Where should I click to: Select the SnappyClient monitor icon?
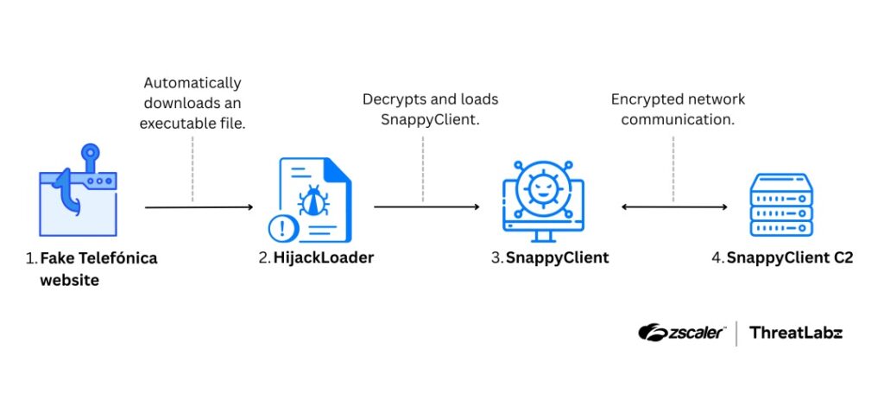pyautogui.click(x=543, y=200)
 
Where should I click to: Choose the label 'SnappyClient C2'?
pyautogui.click(x=790, y=257)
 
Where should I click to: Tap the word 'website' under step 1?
pyautogui.click(x=70, y=280)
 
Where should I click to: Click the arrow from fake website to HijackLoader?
pyautogui.click(x=199, y=207)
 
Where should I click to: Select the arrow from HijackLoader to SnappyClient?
pyautogui.click(x=426, y=207)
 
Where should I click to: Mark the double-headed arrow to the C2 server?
pyautogui.click(x=674, y=207)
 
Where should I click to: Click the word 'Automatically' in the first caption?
pyautogui.click(x=193, y=83)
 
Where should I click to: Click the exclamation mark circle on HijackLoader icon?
pyautogui.click(x=282, y=229)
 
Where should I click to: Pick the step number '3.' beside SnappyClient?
pyautogui.click(x=497, y=257)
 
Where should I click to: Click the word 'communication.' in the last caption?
pyautogui.click(x=679, y=120)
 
